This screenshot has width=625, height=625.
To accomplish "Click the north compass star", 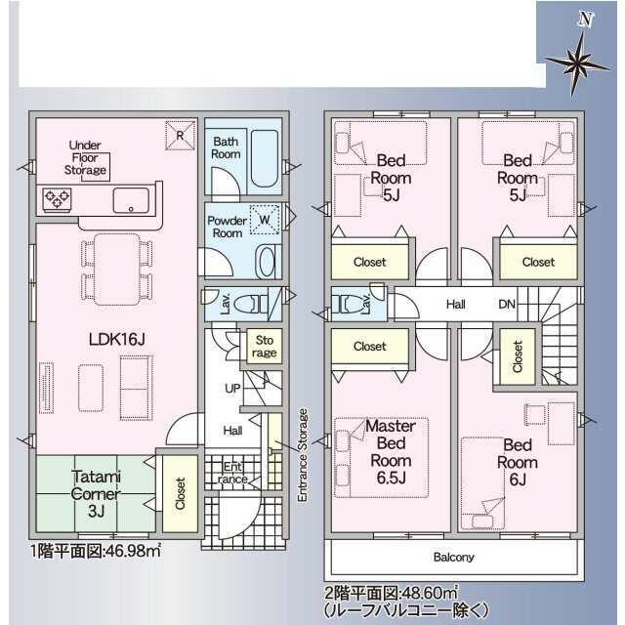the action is (x=577, y=63).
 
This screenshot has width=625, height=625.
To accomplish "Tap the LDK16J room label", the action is (x=116, y=339).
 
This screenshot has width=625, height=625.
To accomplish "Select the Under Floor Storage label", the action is (x=85, y=157).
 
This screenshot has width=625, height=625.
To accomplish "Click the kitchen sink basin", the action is (x=131, y=200).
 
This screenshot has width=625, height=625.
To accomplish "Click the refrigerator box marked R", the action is (x=180, y=136).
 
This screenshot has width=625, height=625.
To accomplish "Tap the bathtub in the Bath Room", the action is (x=265, y=158).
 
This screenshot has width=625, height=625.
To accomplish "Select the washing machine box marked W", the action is (x=265, y=219).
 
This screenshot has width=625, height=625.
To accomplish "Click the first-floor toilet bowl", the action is (x=244, y=305).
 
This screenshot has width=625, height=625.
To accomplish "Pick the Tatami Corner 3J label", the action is (x=96, y=493).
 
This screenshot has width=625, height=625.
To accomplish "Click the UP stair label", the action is (x=232, y=389).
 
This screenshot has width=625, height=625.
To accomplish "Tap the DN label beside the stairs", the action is (x=507, y=305).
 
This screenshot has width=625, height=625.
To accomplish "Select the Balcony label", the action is (x=453, y=557).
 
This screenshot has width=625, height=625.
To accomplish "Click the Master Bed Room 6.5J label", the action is (x=391, y=451).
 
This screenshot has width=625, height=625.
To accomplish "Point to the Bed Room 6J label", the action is (x=518, y=462).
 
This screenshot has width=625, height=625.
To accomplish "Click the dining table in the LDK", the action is (x=117, y=270).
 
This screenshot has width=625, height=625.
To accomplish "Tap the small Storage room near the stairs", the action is (x=265, y=346).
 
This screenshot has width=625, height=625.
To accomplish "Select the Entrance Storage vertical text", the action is (x=303, y=455).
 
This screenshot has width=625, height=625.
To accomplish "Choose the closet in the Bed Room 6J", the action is (x=517, y=356).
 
